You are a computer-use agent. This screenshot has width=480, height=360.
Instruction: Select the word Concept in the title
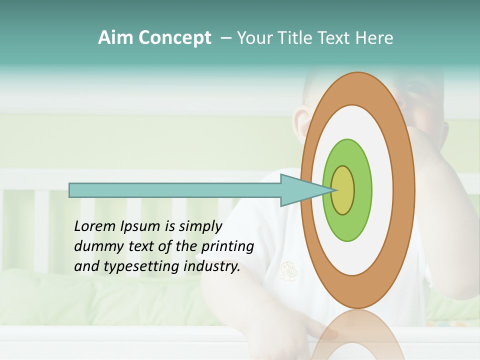click(x=175, y=38)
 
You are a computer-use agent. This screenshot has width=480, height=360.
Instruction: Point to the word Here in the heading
click(x=374, y=38)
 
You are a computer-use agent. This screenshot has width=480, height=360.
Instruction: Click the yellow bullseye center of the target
click(x=343, y=190)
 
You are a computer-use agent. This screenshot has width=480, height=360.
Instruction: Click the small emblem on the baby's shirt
click(x=287, y=270)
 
